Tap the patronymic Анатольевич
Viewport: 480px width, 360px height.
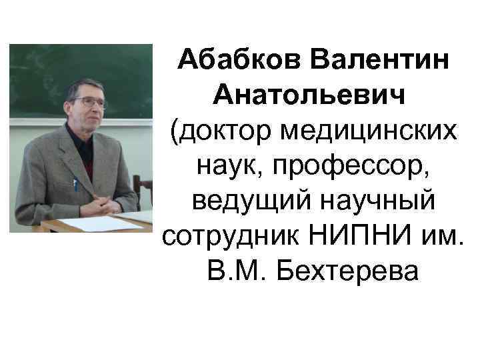(x=309, y=98)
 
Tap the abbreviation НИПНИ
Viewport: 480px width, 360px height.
(x=367, y=237)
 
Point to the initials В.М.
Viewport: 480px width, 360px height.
(x=231, y=272)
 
